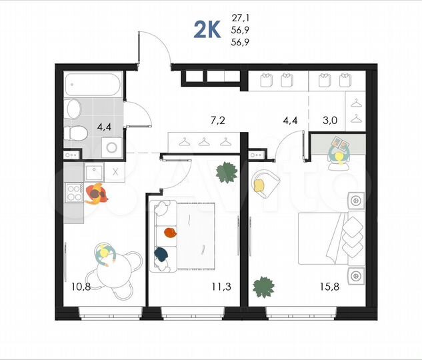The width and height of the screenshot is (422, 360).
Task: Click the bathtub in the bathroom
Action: click(x=93, y=86)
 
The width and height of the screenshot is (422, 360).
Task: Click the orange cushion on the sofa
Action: click(x=170, y=233)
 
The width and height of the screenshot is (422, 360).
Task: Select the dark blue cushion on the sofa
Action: click(x=161, y=253)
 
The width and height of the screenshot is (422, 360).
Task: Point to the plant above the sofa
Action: click(x=226, y=173)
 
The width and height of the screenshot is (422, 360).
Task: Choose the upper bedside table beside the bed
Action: click(x=355, y=200)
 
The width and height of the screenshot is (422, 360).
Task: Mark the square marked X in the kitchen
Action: click(x=114, y=171)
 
